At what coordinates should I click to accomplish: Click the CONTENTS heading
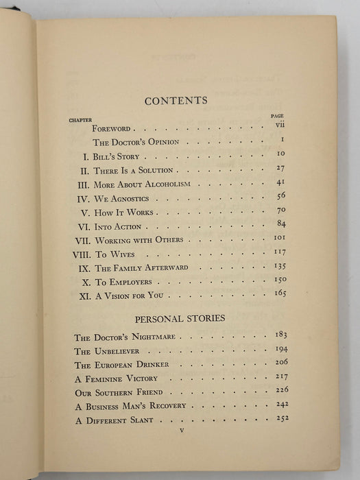tap(176, 101)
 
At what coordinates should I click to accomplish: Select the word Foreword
tap(111, 128)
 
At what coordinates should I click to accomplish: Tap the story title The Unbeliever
tap(106, 351)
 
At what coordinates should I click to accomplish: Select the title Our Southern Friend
tap(119, 392)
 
